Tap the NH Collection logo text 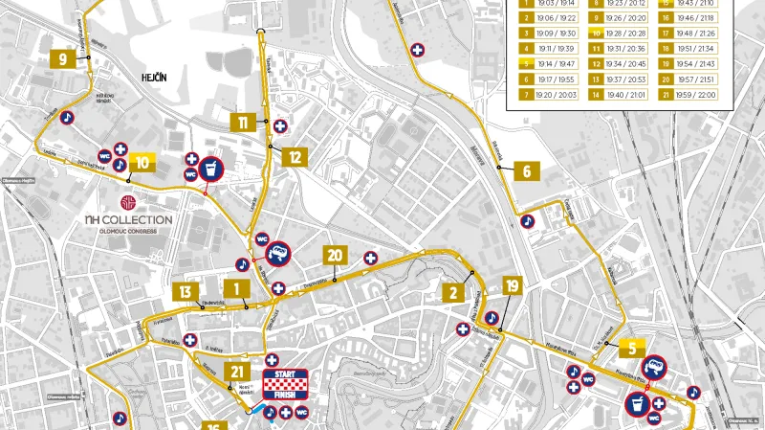click(x=127, y=220)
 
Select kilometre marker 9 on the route click(x=62, y=58)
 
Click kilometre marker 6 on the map click(x=526, y=172)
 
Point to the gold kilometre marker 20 click(x=334, y=256)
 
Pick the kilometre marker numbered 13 click(x=185, y=292)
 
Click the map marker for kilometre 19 click(x=513, y=285)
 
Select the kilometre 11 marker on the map click(x=243, y=123)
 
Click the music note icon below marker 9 click(x=66, y=117)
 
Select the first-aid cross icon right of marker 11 click(x=280, y=125)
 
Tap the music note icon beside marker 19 click(x=492, y=317)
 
